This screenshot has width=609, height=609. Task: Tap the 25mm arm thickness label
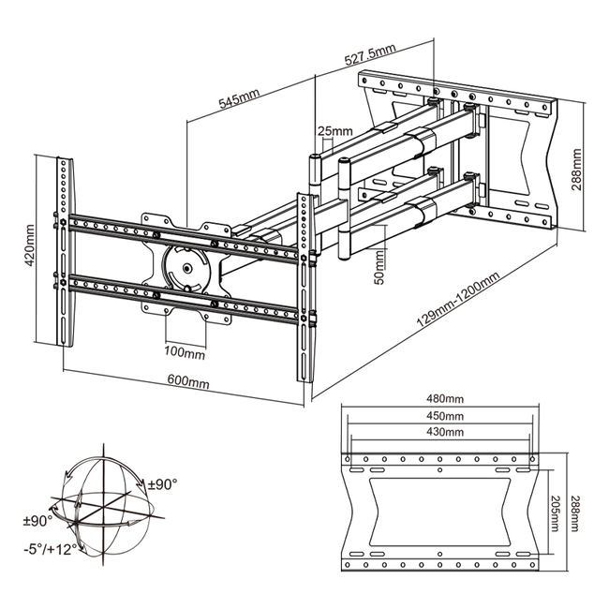[334, 130]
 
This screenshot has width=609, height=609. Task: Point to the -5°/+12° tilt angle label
[52, 548]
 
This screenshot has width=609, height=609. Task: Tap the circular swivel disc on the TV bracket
[188, 267]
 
